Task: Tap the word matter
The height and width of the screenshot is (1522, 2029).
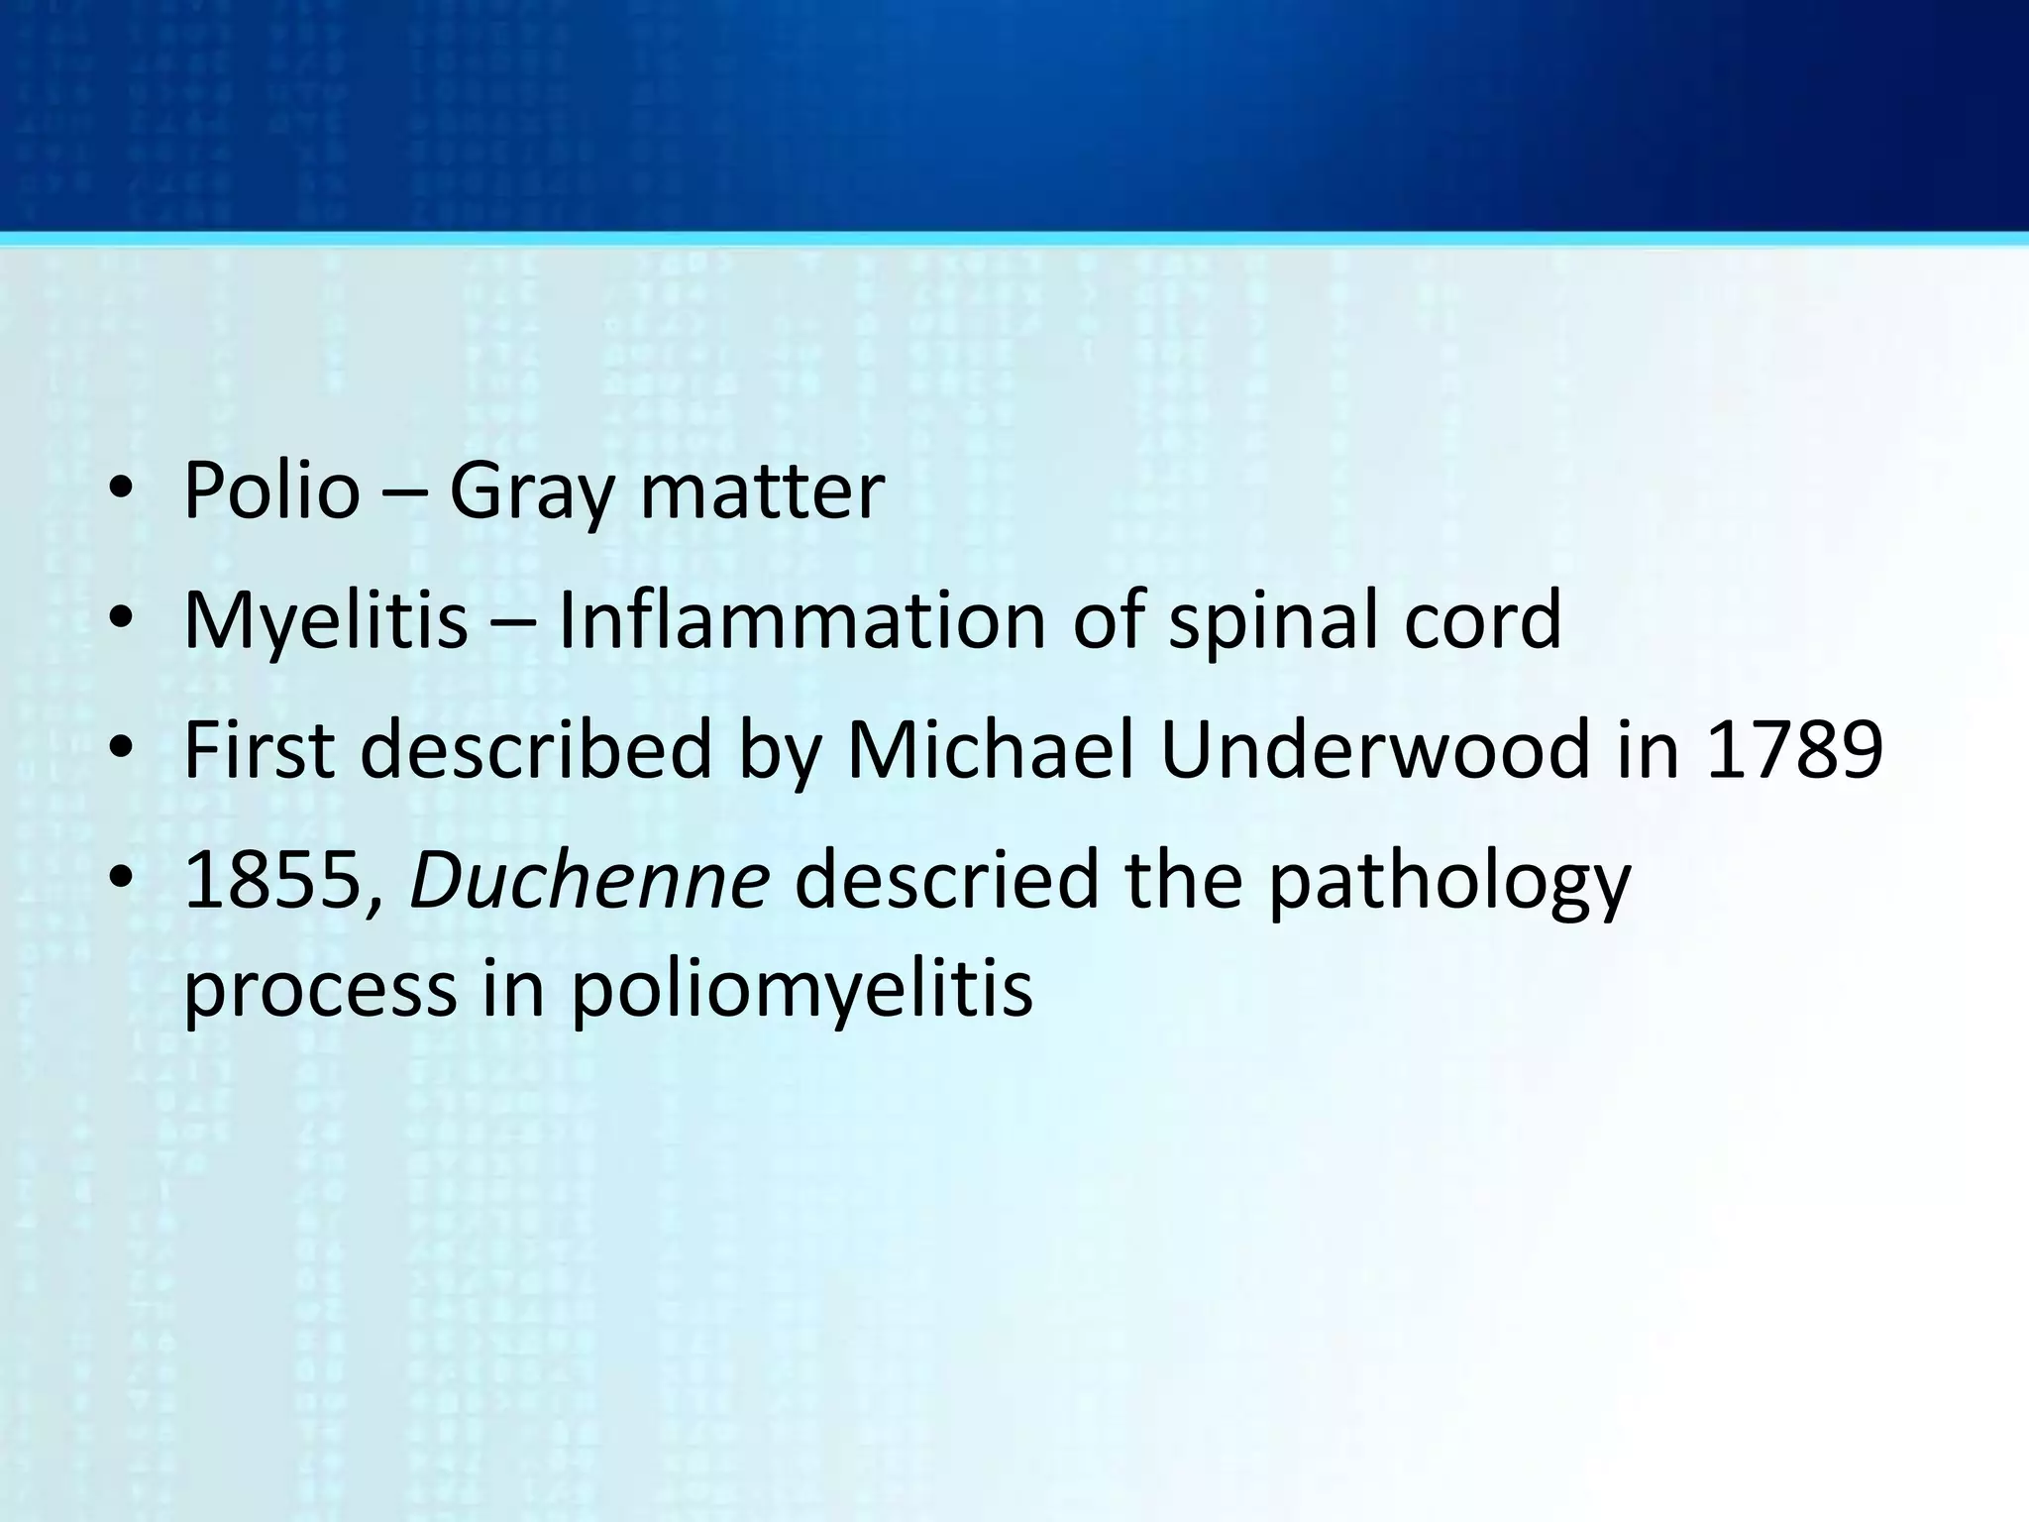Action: pyautogui.click(x=761, y=491)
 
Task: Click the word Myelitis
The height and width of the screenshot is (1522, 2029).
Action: pyautogui.click(x=325, y=620)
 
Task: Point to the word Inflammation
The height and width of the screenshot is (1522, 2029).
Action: pyautogui.click(x=801, y=620)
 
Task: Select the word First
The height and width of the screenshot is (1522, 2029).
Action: pyautogui.click(x=260, y=750)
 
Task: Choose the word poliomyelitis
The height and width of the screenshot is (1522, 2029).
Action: pyautogui.click(x=801, y=991)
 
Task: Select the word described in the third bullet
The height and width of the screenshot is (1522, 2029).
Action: pyautogui.click(x=536, y=750)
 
